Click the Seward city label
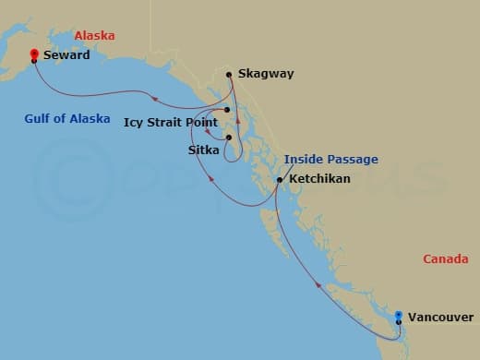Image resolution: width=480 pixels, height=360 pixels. click(x=66, y=55)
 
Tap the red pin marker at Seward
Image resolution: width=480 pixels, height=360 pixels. click(x=34, y=54)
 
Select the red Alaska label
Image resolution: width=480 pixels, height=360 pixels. click(x=94, y=35)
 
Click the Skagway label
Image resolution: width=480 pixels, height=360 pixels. click(x=265, y=74)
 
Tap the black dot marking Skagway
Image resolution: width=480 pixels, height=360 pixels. click(x=229, y=74)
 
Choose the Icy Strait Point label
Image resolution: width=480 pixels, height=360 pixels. click(x=169, y=121)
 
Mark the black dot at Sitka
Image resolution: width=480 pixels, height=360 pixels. click(x=228, y=138)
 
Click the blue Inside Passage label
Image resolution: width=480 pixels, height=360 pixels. click(x=330, y=159)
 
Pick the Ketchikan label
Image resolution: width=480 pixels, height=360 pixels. click(x=318, y=178)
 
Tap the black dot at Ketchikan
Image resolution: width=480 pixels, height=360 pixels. click(x=279, y=179)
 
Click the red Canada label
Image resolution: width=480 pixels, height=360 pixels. click(x=446, y=259)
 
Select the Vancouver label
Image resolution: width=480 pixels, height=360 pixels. click(x=440, y=316)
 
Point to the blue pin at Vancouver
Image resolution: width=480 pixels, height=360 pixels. click(x=398, y=316)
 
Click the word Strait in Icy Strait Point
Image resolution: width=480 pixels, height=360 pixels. click(x=169, y=121)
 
